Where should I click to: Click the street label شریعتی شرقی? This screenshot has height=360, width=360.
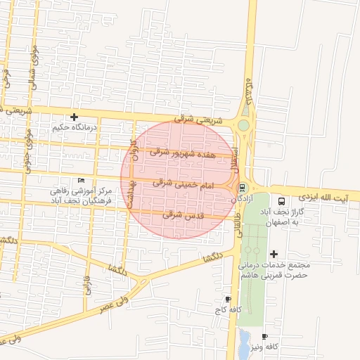(196, 120)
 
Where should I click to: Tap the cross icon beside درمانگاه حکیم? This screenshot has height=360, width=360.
(74, 117)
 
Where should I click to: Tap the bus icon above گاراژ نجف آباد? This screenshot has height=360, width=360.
(281, 200)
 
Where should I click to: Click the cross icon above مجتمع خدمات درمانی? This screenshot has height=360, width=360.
(274, 254)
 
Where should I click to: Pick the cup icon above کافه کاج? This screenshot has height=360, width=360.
(226, 299)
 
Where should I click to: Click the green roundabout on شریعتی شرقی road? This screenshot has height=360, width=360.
(245, 126)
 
